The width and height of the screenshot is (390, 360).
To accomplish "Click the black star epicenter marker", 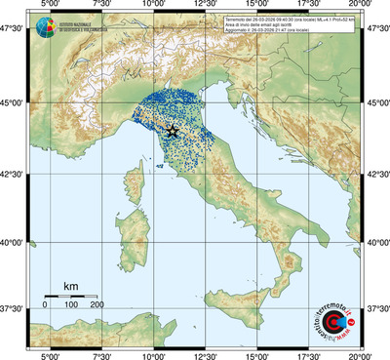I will click(172, 131).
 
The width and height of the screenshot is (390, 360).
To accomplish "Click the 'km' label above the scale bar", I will click(71, 285).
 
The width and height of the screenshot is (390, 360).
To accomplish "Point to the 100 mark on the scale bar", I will click(71, 305).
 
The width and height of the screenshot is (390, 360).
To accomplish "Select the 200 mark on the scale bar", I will click(97, 305).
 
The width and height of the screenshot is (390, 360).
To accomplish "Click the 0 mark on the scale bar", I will click(45, 305).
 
